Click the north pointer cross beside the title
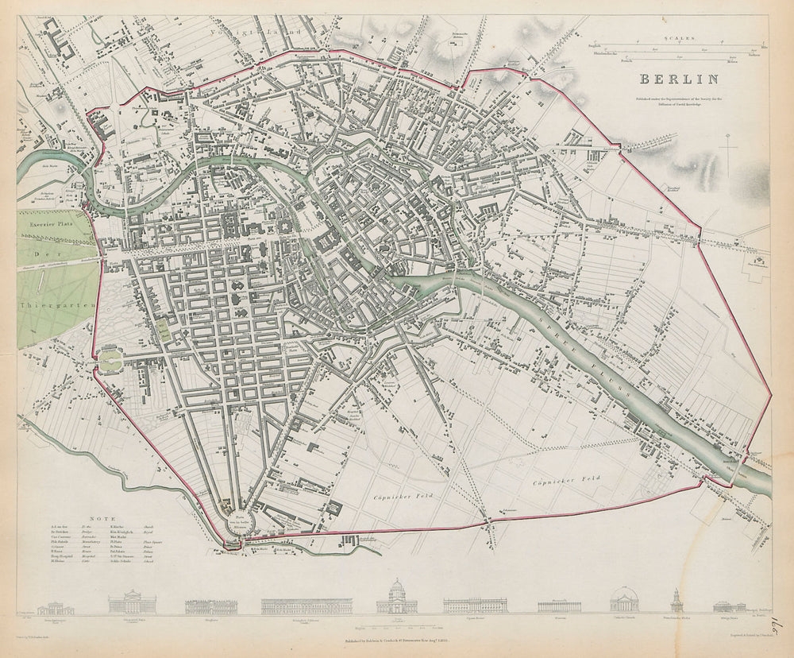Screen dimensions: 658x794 (728, 151)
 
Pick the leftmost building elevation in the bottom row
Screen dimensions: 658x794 (56, 607)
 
